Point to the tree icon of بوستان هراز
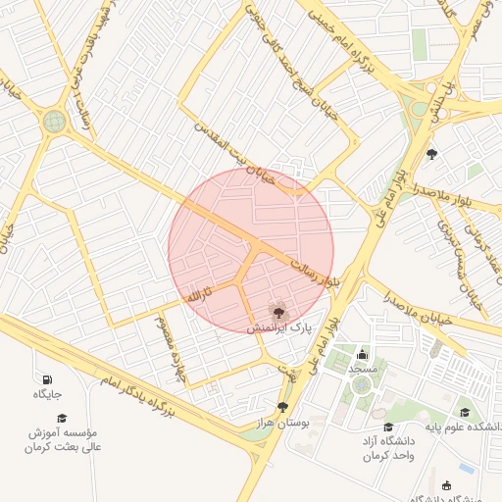283,407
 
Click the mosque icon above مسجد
363,354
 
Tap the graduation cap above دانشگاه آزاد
388,427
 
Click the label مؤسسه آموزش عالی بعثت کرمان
61,439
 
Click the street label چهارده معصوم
169,348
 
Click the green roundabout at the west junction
52,122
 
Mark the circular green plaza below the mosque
363,385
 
